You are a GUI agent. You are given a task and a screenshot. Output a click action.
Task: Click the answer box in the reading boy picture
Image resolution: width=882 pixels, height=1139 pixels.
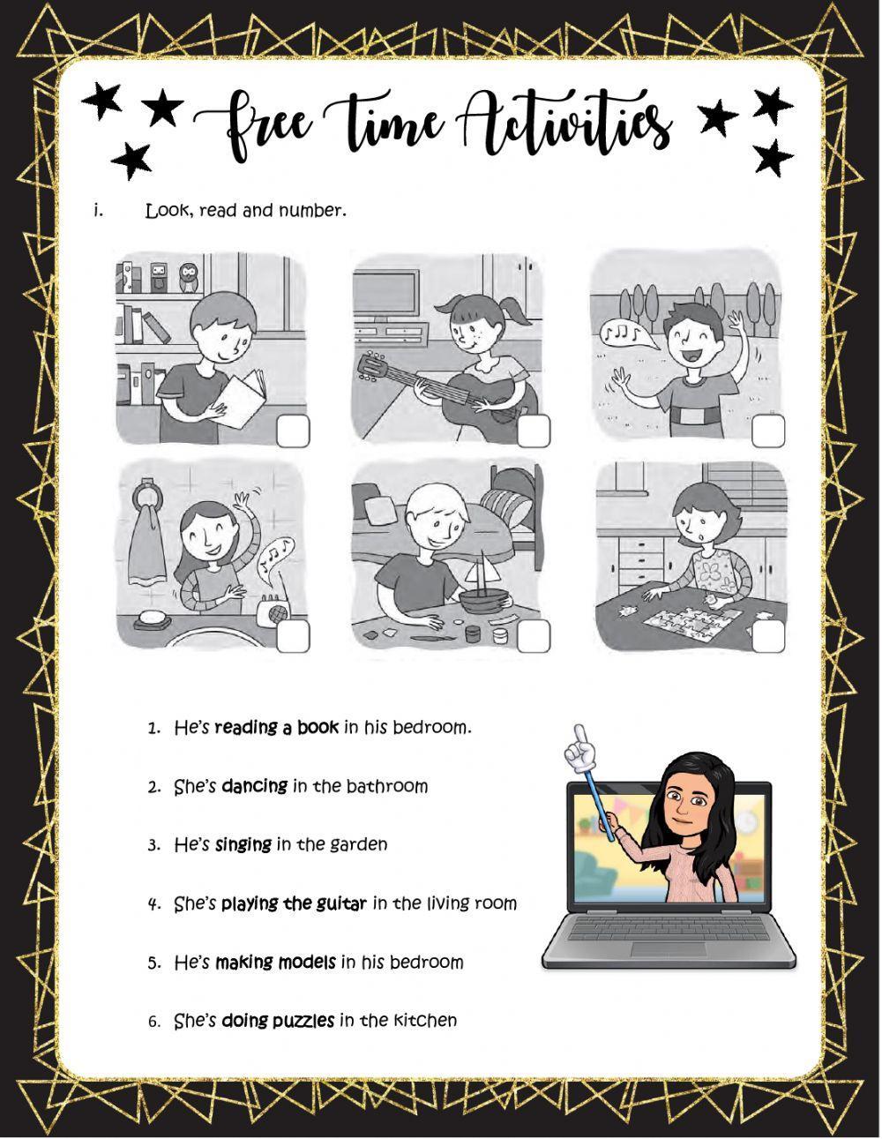pyautogui.click(x=293, y=432)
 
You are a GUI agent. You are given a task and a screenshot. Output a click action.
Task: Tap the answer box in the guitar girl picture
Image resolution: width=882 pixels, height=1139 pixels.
pyautogui.click(x=533, y=431)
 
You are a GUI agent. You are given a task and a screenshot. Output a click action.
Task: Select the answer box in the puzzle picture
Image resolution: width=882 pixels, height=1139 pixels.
pyautogui.click(x=769, y=635)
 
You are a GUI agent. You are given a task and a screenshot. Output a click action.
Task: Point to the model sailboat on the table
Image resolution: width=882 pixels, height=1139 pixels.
pyautogui.click(x=485, y=581)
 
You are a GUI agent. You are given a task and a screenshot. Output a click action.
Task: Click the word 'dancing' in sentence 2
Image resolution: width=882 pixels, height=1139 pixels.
pyautogui.click(x=254, y=786)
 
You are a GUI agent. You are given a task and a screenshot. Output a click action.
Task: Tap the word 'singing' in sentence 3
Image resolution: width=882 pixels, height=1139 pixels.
pyautogui.click(x=243, y=844)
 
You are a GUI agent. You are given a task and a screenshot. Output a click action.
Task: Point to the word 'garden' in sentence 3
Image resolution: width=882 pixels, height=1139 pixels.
pyautogui.click(x=358, y=845)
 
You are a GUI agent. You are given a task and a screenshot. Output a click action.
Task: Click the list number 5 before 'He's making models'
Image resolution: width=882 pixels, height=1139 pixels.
pyautogui.click(x=154, y=963)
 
